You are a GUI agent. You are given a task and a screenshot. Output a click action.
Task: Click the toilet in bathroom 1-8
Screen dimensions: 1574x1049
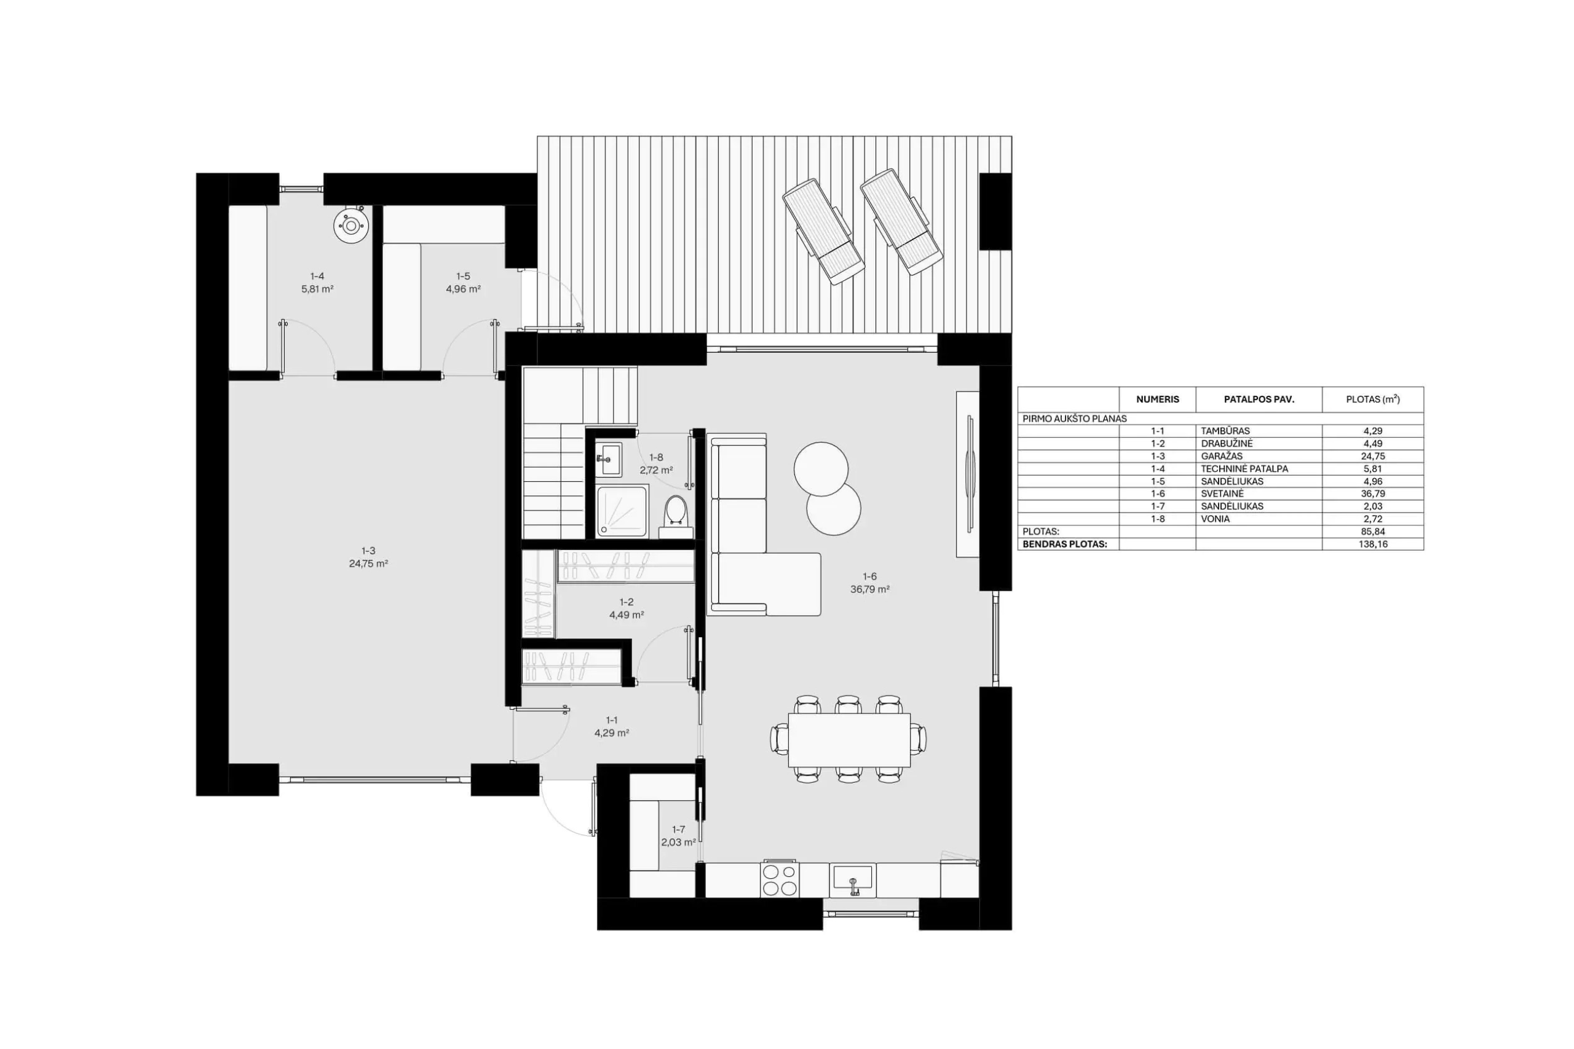point(676,516)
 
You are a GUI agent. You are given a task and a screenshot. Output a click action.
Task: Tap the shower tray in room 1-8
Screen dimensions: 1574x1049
point(622,511)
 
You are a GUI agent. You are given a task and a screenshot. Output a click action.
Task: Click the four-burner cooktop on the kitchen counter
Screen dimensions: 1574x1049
point(780,879)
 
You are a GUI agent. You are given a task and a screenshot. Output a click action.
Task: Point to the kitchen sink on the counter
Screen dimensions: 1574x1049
point(853,879)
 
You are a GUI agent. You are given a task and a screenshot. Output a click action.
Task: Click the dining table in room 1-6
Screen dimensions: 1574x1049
point(849,740)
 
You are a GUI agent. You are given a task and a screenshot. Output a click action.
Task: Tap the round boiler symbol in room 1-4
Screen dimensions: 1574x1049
point(351,226)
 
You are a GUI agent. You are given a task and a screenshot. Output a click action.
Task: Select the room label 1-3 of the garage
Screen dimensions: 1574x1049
point(368,551)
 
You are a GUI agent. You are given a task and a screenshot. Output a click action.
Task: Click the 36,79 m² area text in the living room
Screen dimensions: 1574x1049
point(870,589)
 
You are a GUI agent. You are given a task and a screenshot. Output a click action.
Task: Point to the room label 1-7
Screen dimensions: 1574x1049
point(679,830)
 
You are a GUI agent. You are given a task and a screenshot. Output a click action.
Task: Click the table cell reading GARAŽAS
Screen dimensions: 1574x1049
point(1222,456)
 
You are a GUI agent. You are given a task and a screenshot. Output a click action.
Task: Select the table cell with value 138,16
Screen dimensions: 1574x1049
point(1372,544)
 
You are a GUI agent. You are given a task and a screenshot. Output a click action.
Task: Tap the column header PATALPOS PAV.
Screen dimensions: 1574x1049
point(1259,399)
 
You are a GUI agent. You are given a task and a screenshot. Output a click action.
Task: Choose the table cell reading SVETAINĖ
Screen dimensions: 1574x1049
point(1222,493)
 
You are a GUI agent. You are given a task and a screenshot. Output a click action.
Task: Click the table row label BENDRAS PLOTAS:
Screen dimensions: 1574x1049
point(1065,544)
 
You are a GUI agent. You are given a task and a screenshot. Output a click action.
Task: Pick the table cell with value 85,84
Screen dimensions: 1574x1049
point(1372,532)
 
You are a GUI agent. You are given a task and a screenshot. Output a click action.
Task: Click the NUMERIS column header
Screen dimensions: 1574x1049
point(1158,399)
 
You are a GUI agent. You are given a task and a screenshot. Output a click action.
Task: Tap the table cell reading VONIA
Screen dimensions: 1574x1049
point(1216,519)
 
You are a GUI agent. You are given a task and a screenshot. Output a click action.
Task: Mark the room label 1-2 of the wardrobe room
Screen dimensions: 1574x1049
point(627,602)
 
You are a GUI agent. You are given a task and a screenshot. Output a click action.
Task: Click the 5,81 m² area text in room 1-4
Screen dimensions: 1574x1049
point(317,289)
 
